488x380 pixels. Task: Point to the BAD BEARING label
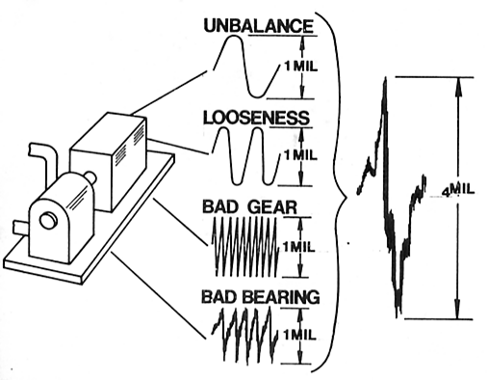[260, 296]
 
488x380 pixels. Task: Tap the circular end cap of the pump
[47, 221]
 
